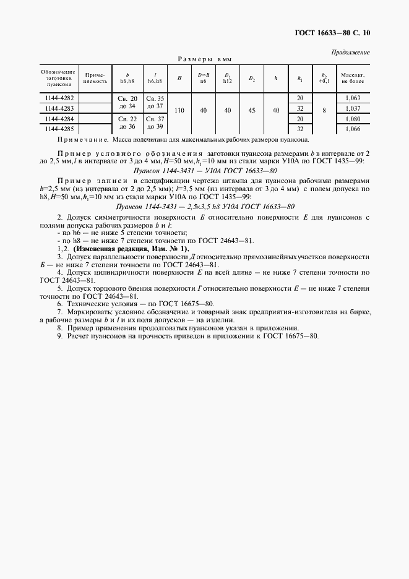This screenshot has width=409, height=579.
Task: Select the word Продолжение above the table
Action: click(351, 52)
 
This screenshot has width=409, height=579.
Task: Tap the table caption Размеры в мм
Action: click(204, 59)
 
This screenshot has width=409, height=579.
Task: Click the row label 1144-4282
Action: click(59, 98)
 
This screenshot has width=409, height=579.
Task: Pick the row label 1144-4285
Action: click(59, 129)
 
